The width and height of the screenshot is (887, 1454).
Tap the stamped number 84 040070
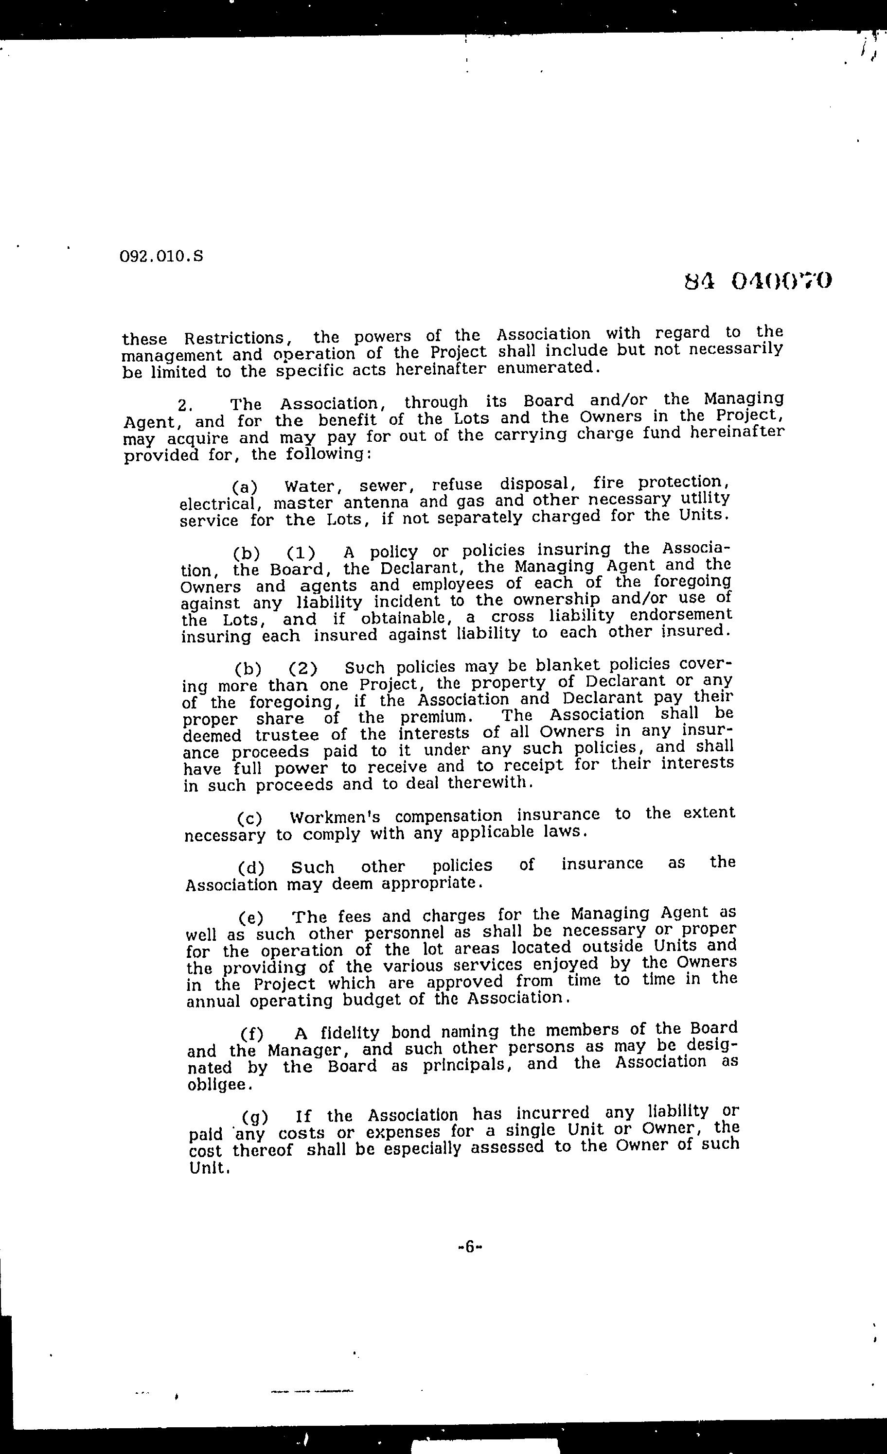click(x=758, y=281)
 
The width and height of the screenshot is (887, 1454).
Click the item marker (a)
click(x=245, y=487)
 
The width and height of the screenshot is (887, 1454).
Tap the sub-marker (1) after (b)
click(x=301, y=554)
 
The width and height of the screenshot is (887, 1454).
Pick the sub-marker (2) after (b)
click(x=303, y=669)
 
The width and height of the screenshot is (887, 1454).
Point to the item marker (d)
click(x=251, y=868)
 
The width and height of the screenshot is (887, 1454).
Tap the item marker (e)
click(x=251, y=918)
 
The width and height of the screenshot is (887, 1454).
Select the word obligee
click(x=212, y=1085)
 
